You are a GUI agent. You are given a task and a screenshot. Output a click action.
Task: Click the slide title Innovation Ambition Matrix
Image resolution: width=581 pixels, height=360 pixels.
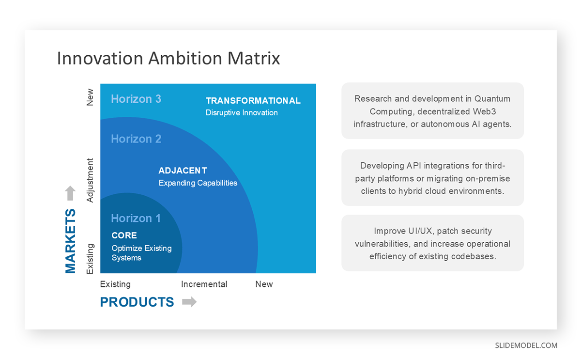(x=168, y=58)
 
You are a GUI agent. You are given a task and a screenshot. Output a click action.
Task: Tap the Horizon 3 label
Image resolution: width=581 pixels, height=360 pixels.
(x=136, y=99)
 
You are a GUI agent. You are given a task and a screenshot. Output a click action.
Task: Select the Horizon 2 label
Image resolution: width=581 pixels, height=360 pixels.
(x=136, y=139)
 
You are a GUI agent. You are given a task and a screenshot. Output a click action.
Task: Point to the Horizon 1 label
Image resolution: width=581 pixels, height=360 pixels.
(x=136, y=219)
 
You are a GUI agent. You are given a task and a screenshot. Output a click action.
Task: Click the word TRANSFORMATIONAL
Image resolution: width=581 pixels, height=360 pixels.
(x=253, y=101)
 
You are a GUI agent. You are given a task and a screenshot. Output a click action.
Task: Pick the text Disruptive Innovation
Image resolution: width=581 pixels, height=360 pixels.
(x=242, y=113)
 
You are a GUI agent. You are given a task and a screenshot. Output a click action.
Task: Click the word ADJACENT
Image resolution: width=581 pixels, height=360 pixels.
(x=183, y=171)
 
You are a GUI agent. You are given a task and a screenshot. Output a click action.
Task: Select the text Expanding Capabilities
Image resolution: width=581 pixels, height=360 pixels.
(x=198, y=183)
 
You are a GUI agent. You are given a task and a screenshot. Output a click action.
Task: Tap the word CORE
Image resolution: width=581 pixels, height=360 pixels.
(x=124, y=235)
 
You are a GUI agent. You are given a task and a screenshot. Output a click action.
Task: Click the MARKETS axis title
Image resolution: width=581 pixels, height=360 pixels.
(x=71, y=241)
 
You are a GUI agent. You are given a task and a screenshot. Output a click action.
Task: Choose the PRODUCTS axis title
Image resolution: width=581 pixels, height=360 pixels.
(x=137, y=302)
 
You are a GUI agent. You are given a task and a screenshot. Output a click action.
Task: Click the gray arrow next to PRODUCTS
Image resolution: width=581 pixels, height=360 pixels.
(x=189, y=302)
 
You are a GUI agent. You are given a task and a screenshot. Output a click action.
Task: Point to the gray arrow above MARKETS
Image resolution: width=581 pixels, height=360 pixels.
(x=71, y=193)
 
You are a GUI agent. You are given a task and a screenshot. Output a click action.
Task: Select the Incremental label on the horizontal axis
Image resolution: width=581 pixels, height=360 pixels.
(x=204, y=284)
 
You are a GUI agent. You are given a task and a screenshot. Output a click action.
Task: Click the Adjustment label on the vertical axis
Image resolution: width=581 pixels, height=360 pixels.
(x=90, y=180)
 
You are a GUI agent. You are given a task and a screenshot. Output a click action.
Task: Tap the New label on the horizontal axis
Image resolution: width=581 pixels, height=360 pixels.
(x=264, y=284)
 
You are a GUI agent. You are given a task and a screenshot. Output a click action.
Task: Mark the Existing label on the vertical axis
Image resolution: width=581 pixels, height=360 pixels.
(x=90, y=259)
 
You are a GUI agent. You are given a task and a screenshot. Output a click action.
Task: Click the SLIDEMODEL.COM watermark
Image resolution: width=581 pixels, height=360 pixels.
(x=526, y=345)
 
